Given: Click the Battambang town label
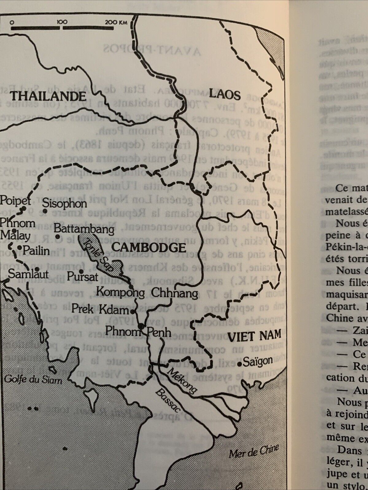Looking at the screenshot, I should coord(84,229).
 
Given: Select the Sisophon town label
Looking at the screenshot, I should coord(64,203).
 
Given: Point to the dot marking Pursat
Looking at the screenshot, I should coord(81,272).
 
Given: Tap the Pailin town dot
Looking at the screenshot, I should coord(19,247).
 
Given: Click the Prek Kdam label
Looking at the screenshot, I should coord(100,310).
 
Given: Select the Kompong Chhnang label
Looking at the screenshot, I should coord(147,293).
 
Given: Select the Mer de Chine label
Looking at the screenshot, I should coord(254,452).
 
